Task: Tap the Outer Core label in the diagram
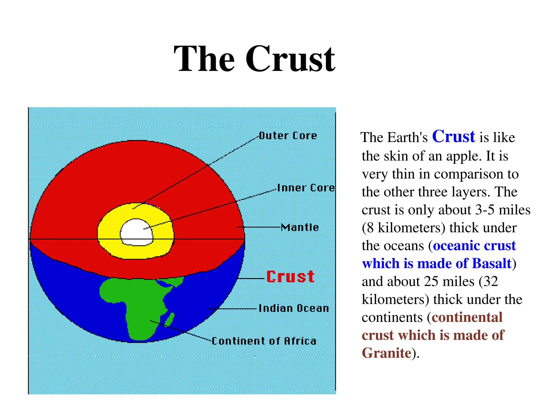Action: [x=288, y=136]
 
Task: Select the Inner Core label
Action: [x=306, y=188]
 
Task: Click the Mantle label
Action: [x=300, y=227]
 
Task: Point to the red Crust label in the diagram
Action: [x=290, y=277]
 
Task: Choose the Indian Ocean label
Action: [x=294, y=308]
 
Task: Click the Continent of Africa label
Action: [x=264, y=341]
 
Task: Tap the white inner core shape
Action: [x=136, y=232]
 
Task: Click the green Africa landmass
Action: [x=137, y=301]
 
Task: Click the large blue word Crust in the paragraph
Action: [x=453, y=136]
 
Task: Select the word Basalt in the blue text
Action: [x=491, y=263]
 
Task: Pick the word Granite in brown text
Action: [x=386, y=353]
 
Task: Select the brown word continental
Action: [x=467, y=317]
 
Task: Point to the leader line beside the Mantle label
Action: [x=258, y=227]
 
